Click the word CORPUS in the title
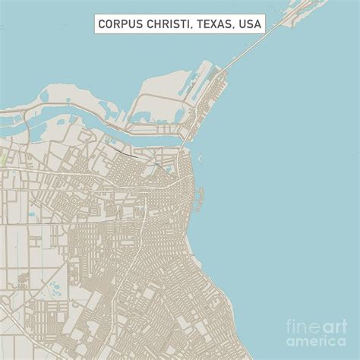point(122,24)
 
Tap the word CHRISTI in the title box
point(168,24)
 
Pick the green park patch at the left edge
point(4,160)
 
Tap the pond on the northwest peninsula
point(46,96)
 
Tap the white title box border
point(94,24)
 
